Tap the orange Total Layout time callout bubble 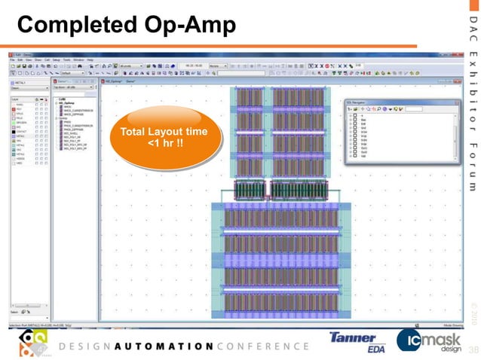pos(168,139)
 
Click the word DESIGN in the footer pos(82,346)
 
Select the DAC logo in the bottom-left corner pos(30,343)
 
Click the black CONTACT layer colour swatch pos(13,131)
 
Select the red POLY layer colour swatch pos(13,108)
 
